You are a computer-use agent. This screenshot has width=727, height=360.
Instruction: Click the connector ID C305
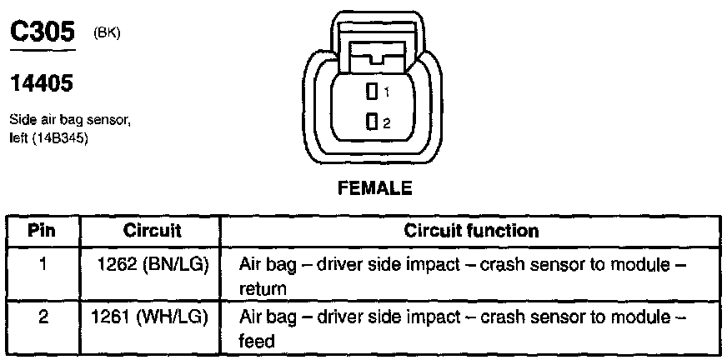point(42,32)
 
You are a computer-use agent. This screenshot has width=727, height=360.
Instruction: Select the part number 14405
point(42,83)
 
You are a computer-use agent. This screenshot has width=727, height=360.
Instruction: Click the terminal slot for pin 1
point(372,90)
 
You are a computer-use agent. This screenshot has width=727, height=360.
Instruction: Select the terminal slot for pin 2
point(372,122)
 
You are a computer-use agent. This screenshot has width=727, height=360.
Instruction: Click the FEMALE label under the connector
point(374,189)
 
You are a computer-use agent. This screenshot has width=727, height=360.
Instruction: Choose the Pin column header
point(43,230)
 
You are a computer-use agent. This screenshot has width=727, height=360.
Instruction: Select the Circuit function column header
point(471,230)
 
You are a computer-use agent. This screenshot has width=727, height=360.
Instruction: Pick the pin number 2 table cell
point(43,317)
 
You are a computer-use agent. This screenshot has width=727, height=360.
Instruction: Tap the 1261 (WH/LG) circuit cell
point(150,317)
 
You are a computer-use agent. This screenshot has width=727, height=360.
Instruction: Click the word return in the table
point(263,288)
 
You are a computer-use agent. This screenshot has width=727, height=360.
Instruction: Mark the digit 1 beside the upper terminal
point(386,91)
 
